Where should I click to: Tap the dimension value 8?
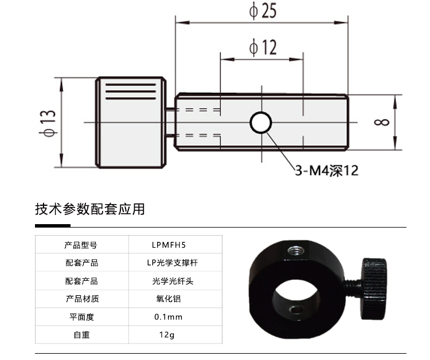[x=384, y=122]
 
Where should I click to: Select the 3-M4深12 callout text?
[x=327, y=171]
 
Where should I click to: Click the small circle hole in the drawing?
[x=261, y=122]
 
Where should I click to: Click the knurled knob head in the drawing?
[x=132, y=122]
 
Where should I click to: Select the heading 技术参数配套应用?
[x=90, y=209]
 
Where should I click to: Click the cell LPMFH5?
[x=168, y=245]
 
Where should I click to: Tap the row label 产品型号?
[x=81, y=245]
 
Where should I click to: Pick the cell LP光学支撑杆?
[x=172, y=263]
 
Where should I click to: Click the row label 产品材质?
[x=81, y=299]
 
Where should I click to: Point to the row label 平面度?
[x=81, y=316]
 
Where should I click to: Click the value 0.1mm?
[x=168, y=316]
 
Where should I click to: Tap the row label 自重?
[x=81, y=334]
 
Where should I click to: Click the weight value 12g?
[x=168, y=334]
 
